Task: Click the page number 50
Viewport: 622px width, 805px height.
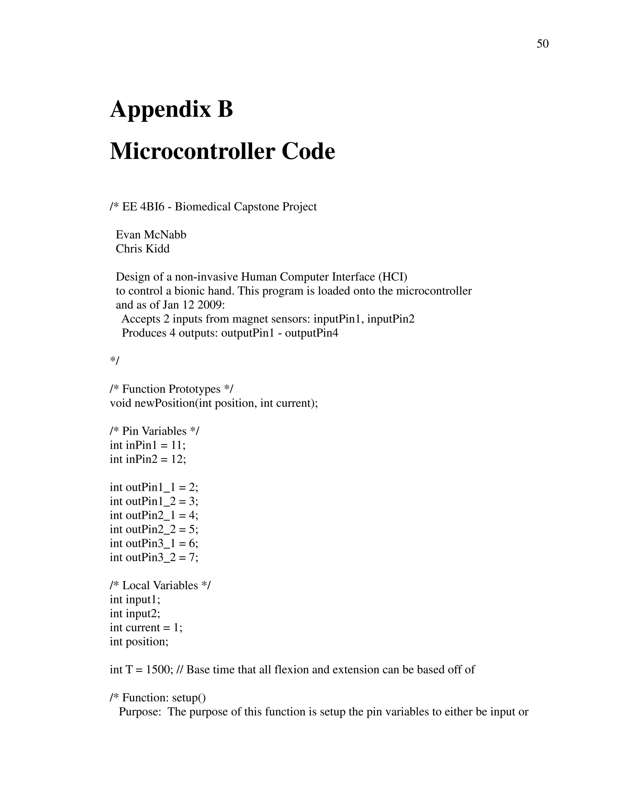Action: pyautogui.click(x=542, y=44)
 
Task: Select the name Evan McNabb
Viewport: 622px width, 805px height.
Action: pyautogui.click(x=151, y=235)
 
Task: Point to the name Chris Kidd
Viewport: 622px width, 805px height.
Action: pyautogui.click(x=143, y=249)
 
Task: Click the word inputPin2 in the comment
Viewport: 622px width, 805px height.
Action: pyautogui.click(x=391, y=319)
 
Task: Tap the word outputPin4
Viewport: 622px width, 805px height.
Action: pyautogui.click(x=311, y=333)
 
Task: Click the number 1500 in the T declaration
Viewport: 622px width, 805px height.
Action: pyautogui.click(x=158, y=669)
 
